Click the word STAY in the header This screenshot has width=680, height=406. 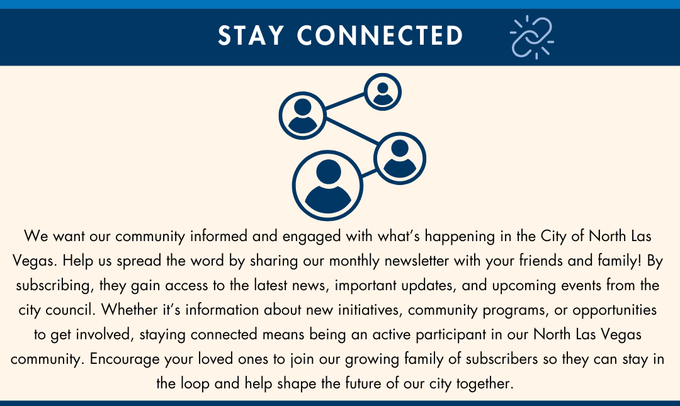pyautogui.click(x=251, y=36)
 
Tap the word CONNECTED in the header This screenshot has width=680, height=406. pyautogui.click(x=380, y=36)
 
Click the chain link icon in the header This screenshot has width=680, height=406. pyautogui.click(x=531, y=37)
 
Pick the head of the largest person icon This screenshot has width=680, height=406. pyautogui.click(x=328, y=172)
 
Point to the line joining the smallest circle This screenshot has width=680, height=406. pyautogui.click(x=345, y=101)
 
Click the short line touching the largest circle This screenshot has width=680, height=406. pyautogui.click(x=368, y=173)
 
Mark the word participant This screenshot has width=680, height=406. pyautogui.click(x=451, y=335)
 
